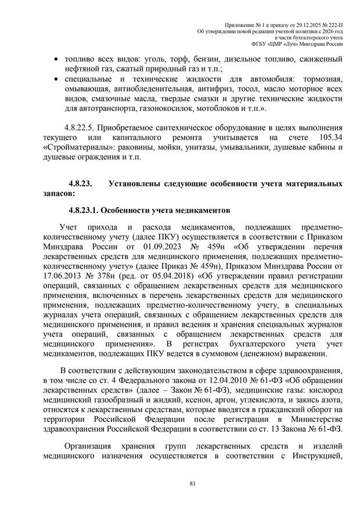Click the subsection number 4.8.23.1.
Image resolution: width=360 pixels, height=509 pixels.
click(87, 210)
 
